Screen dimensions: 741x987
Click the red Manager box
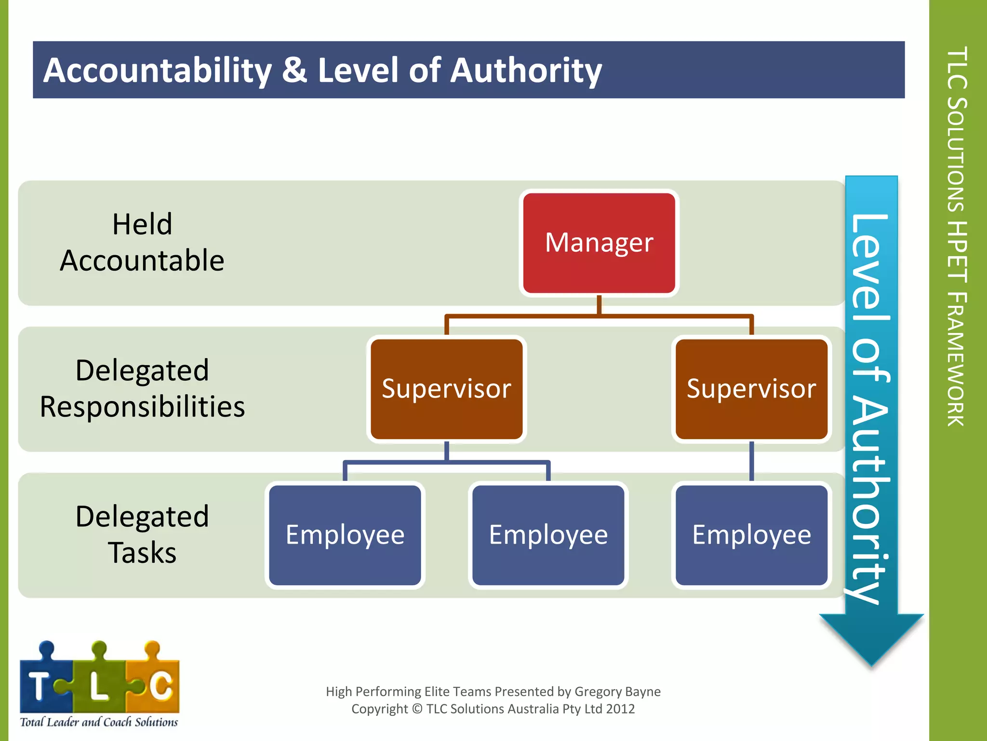pos(599,243)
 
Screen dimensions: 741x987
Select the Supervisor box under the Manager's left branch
pos(446,389)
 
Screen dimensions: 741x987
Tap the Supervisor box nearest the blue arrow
pos(751,389)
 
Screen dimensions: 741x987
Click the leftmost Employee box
pos(345,535)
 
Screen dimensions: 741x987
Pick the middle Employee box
pos(548,535)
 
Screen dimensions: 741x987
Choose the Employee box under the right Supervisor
pos(751,535)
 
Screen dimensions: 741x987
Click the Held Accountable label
pos(142,243)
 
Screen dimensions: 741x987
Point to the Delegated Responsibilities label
pos(142,389)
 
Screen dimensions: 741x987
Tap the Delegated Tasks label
pos(142,535)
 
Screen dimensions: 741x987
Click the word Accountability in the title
pos(158,70)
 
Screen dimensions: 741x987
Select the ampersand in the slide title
pos(294,70)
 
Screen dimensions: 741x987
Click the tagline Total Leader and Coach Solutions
pos(99,722)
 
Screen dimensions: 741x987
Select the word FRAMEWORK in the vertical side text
pos(957,359)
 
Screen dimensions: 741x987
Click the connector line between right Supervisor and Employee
pos(751,461)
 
